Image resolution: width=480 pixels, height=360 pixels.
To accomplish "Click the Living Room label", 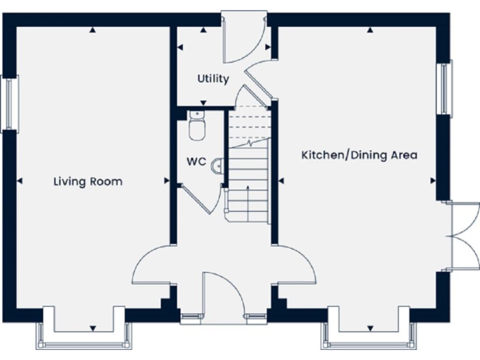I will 87,182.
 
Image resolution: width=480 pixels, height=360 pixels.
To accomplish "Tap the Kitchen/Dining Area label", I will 359,155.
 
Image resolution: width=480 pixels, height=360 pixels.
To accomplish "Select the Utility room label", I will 213,79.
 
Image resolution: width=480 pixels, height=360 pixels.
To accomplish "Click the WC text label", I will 196,161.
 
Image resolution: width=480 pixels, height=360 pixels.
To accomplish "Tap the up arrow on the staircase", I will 249,188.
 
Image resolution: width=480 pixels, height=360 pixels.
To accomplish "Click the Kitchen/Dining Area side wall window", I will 445,88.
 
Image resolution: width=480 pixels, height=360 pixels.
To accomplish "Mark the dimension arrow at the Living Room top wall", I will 92,29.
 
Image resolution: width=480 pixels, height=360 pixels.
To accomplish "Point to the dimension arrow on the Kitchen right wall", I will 433,181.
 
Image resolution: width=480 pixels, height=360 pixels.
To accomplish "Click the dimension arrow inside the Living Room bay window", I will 92,329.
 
